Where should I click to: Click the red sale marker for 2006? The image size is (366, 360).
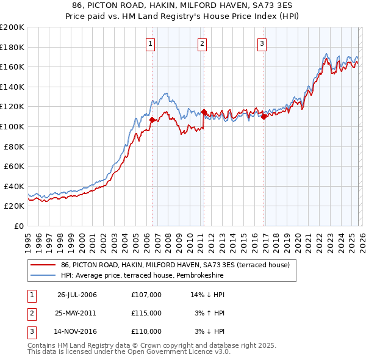pos(152,120)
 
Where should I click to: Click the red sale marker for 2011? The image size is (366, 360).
pos(204,112)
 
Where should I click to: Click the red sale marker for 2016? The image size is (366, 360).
pos(264,117)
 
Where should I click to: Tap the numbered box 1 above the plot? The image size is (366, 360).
pos(150,43)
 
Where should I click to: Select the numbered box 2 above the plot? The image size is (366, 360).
pos(202,43)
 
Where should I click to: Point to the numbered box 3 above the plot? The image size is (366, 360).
pos(262,43)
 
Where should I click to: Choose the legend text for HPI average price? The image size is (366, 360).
pos(142,276)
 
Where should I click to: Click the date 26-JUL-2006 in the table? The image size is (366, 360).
pos(77,295)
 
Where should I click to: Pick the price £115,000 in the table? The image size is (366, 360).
pos(146,313)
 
